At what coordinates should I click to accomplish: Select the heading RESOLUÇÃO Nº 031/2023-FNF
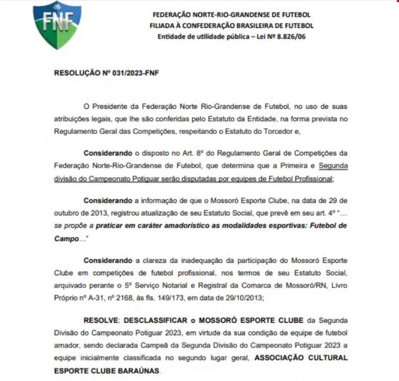point(106,73)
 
